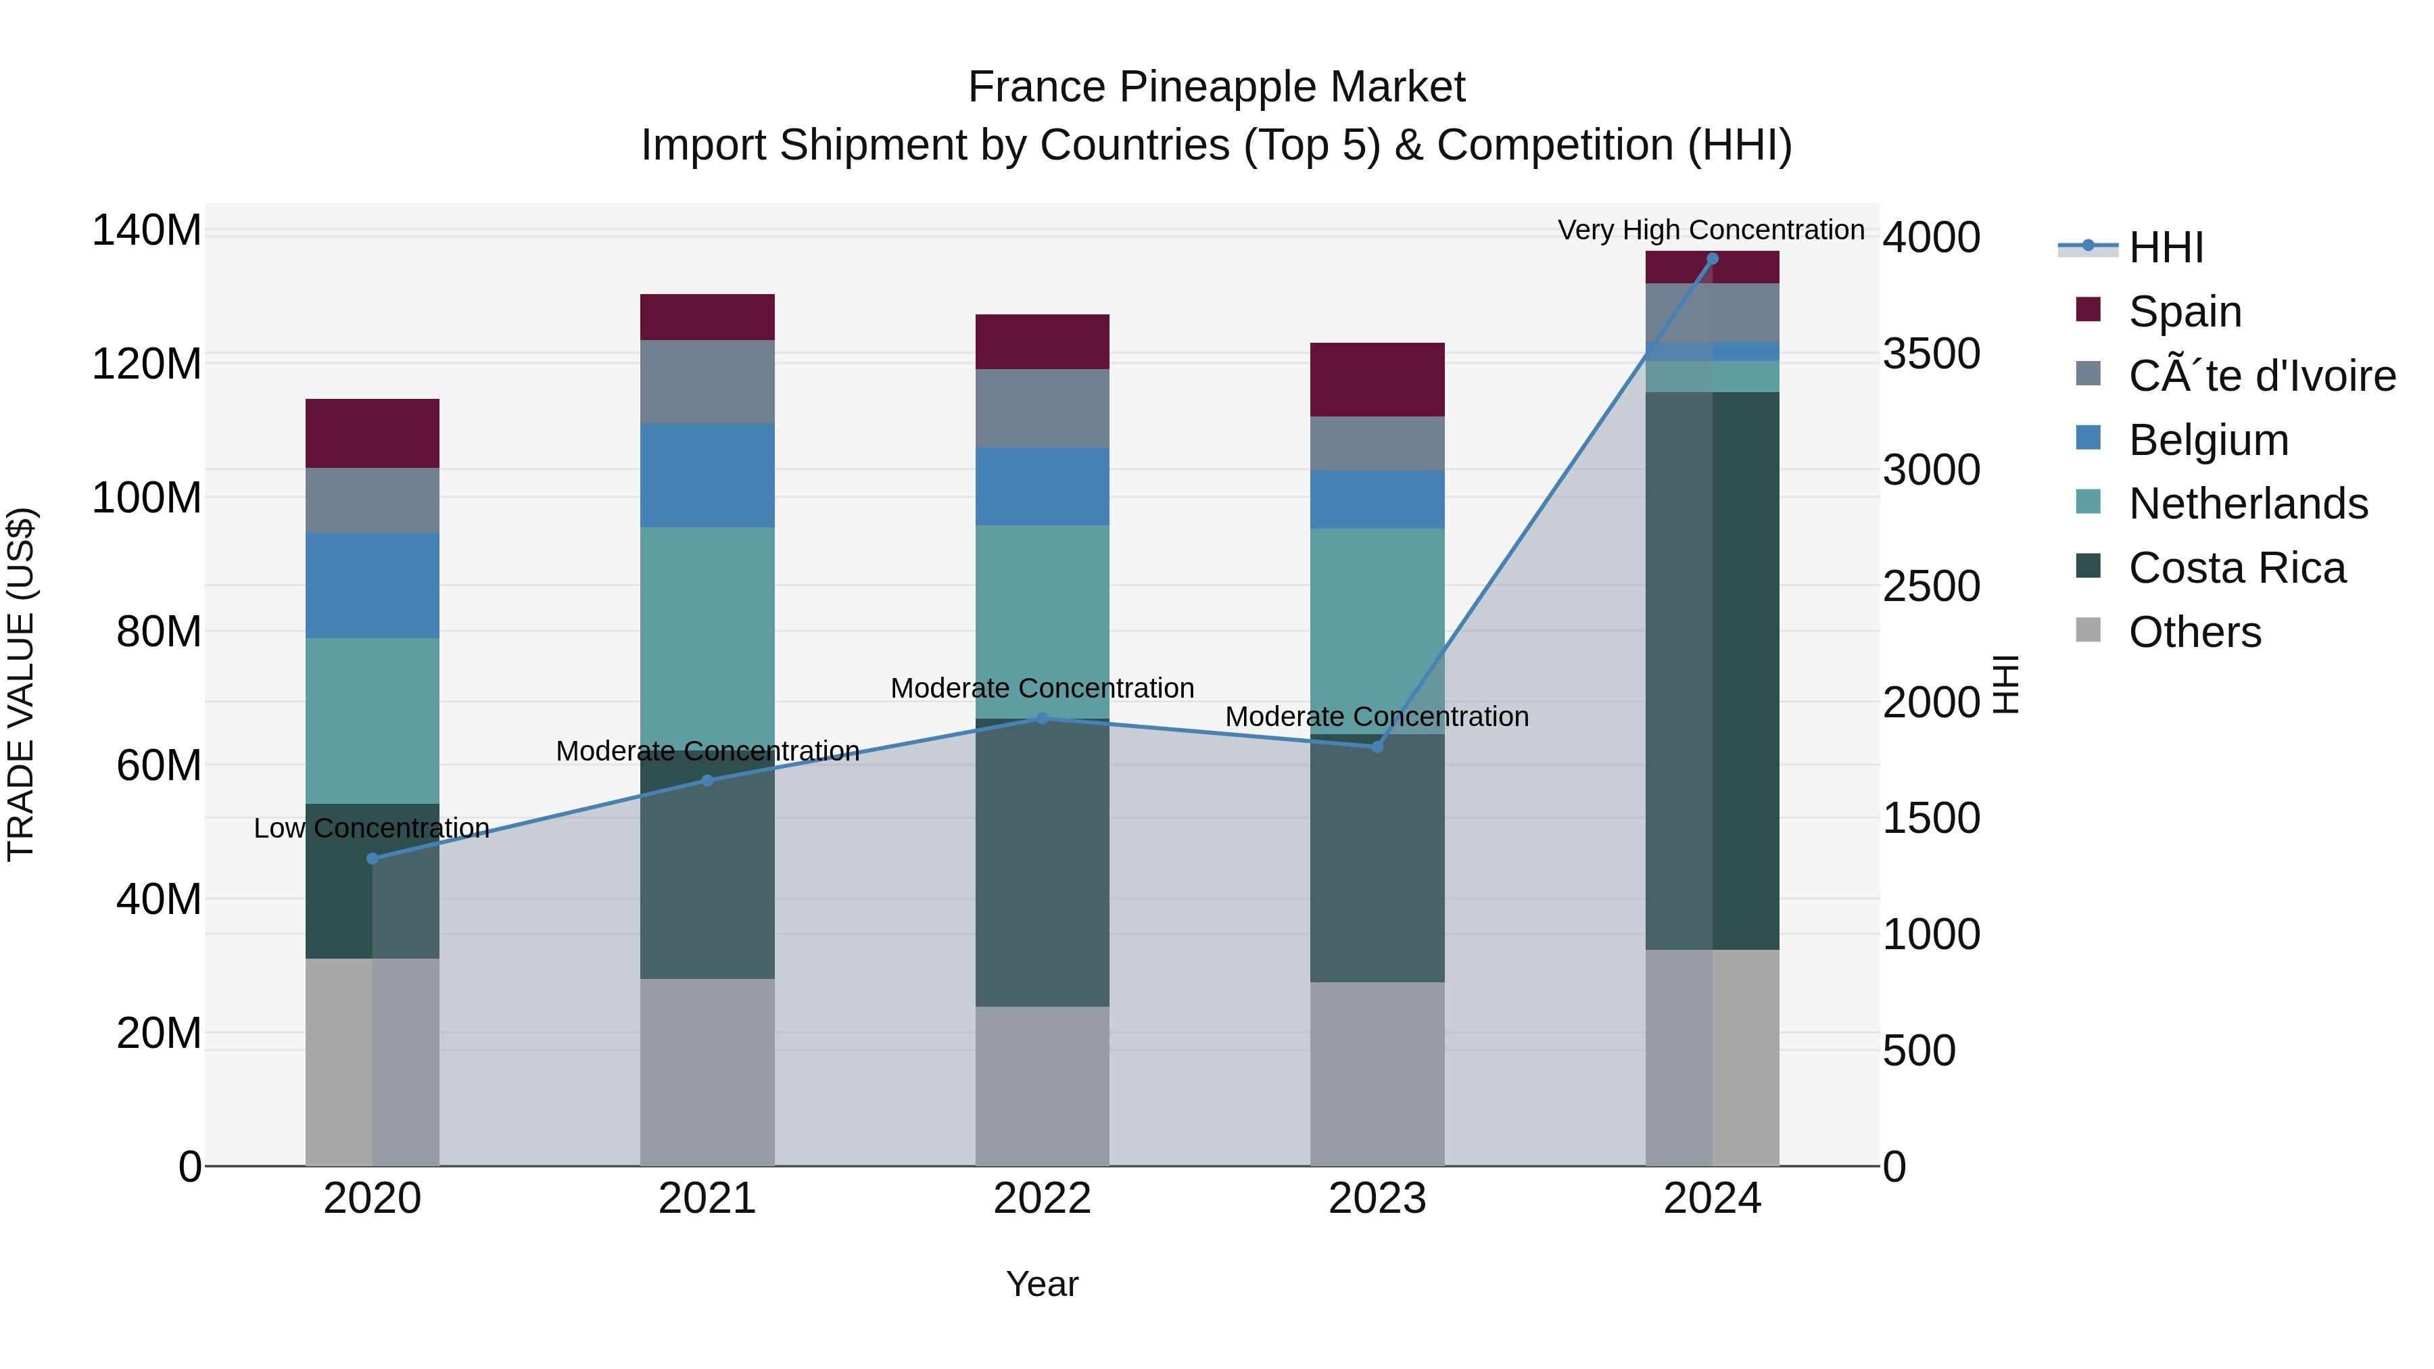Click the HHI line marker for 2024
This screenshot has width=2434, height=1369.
click(x=1712, y=259)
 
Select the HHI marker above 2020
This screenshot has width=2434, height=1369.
click(x=373, y=859)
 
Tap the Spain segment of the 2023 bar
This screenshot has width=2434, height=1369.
click(x=1377, y=380)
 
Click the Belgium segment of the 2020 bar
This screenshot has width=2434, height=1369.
click(x=373, y=585)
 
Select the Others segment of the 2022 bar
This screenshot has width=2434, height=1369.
click(x=1042, y=1086)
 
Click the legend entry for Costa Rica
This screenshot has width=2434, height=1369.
click(x=2237, y=569)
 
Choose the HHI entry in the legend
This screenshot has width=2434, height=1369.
click(x=2166, y=247)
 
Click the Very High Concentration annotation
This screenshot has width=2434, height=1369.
click(x=1711, y=230)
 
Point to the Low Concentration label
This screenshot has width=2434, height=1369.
click(x=371, y=829)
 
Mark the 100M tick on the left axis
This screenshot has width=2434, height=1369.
click(x=147, y=498)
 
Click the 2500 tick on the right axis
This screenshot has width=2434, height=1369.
click(x=1930, y=587)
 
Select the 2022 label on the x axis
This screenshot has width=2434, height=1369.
click(x=1042, y=1199)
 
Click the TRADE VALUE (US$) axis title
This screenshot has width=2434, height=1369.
click(x=21, y=684)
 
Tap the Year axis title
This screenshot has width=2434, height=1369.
click(x=1041, y=1284)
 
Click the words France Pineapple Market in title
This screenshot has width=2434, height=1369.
click(x=1216, y=87)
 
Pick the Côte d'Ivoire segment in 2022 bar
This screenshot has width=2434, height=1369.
click(x=1042, y=408)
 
